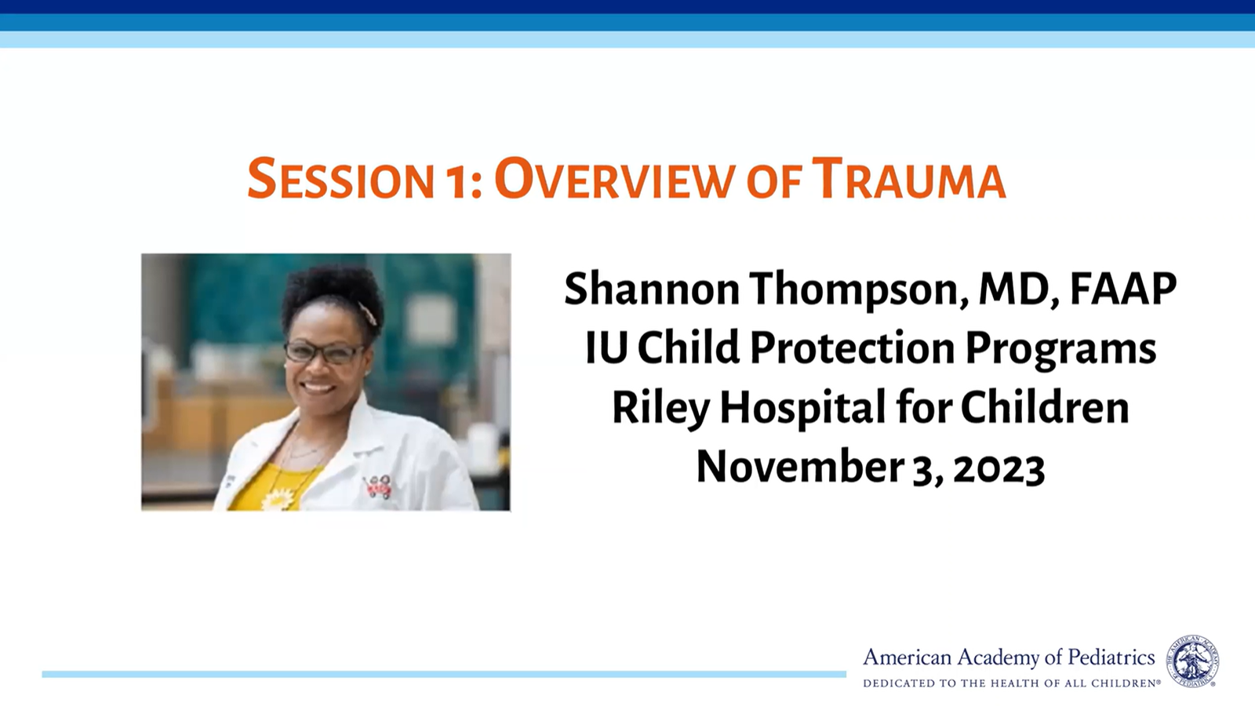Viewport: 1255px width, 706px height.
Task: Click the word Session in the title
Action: [x=340, y=180]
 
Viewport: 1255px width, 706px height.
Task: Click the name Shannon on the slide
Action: [x=652, y=289]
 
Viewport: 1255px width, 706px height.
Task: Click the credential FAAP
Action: [x=1123, y=289]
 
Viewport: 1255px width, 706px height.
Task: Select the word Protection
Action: [x=852, y=348]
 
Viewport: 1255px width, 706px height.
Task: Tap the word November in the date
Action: [x=799, y=467]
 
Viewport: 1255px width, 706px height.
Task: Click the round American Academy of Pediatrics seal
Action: [x=1193, y=661]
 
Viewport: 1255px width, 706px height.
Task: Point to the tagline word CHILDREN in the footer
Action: [x=1126, y=683]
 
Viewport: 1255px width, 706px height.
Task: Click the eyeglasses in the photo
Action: [x=324, y=352]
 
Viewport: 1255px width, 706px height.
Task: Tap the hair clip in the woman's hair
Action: [x=368, y=313]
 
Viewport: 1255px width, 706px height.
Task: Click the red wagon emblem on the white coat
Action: [x=377, y=486]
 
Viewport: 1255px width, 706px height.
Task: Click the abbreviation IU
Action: [x=606, y=348]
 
